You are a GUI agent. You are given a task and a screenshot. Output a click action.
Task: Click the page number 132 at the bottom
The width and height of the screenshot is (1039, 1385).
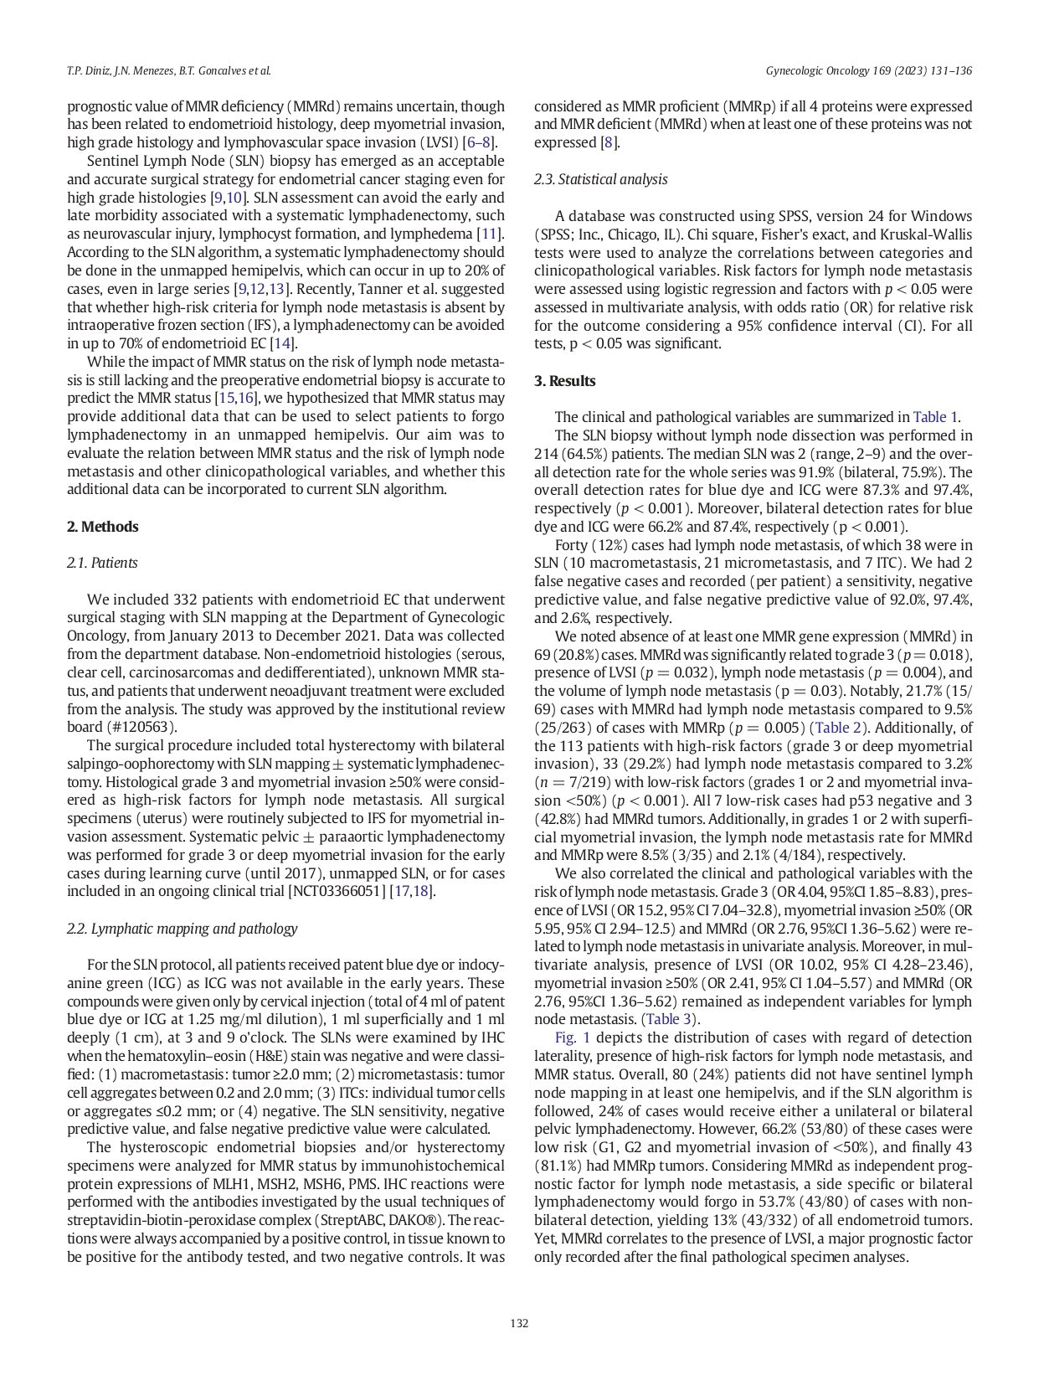[x=519, y=1323]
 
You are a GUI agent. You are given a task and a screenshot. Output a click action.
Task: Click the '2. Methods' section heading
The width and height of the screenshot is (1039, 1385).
[x=102, y=527]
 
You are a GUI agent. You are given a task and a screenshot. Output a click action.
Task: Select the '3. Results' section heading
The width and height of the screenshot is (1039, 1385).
[x=565, y=381]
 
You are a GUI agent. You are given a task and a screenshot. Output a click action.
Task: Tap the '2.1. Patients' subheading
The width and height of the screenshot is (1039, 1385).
[x=102, y=563]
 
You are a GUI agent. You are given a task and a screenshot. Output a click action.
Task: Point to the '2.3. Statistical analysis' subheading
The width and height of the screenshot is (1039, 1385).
[x=600, y=179]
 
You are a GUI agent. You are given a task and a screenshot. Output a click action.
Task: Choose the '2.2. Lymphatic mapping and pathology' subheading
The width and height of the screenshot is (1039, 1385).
[x=182, y=928]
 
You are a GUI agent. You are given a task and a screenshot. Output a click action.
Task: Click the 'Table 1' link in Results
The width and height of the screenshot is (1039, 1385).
[x=935, y=417]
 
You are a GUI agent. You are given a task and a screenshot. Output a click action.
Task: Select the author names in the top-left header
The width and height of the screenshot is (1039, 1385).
[x=168, y=70]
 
